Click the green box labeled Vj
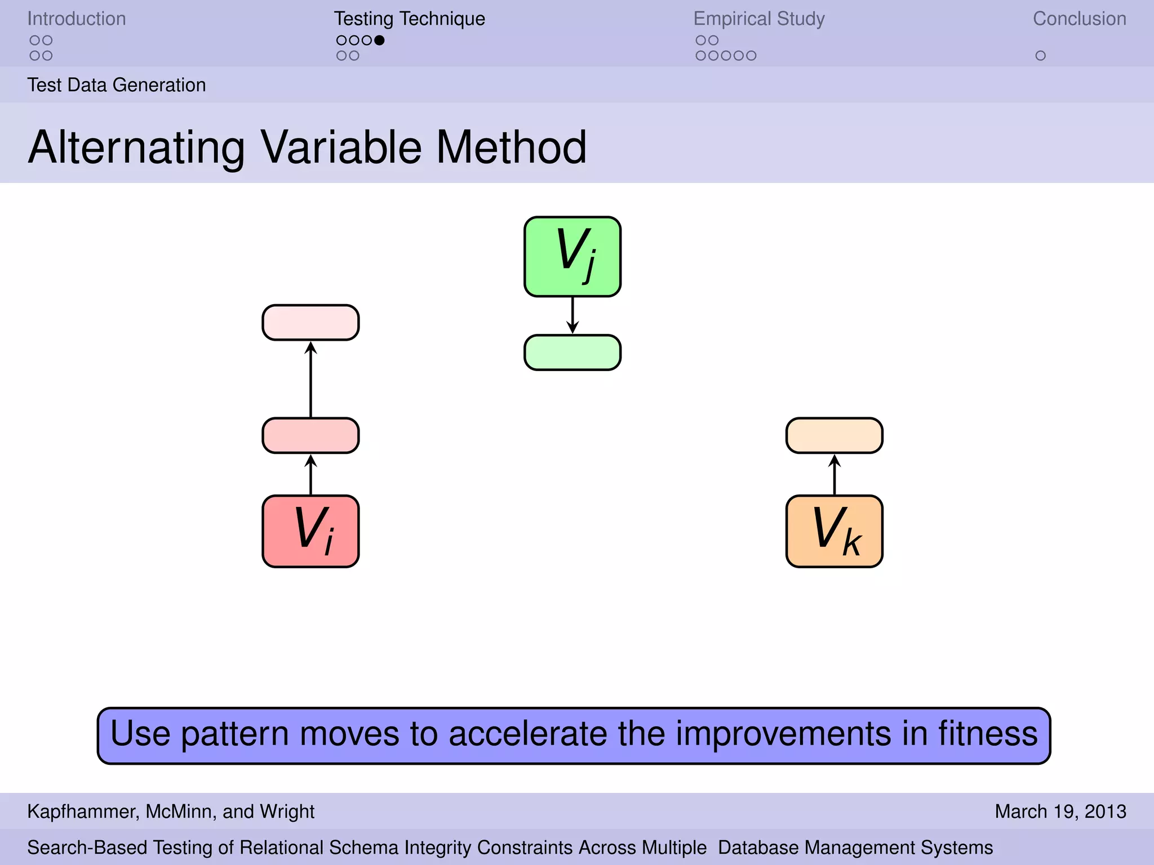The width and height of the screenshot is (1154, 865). click(x=572, y=256)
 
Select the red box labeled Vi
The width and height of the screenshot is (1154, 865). click(x=310, y=531)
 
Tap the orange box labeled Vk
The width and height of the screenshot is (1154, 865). click(x=834, y=531)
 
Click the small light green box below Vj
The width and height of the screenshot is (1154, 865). click(x=572, y=353)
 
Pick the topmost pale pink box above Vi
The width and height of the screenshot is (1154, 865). click(x=310, y=323)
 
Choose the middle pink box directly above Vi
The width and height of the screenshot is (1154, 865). click(x=310, y=435)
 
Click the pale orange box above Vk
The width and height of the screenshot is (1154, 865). click(x=834, y=435)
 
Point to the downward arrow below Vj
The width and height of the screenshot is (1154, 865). click(x=572, y=315)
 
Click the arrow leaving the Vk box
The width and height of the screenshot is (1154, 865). click(x=834, y=474)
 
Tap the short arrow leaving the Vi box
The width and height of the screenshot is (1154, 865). click(x=310, y=474)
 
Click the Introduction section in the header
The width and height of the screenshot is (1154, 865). click(x=77, y=19)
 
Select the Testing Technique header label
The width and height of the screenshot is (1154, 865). click(x=409, y=19)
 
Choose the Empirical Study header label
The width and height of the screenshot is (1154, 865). click(x=758, y=19)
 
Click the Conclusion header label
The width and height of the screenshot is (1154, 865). click(x=1079, y=19)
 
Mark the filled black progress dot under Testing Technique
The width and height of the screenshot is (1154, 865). click(x=379, y=40)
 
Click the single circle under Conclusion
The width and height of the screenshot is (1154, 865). click(x=1040, y=56)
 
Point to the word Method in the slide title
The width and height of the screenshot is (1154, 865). click(x=511, y=148)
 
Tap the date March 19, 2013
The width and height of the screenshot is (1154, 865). click(x=1060, y=811)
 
